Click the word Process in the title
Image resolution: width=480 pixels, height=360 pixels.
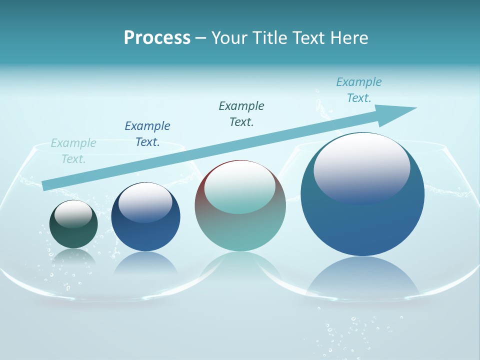pyautogui.click(x=157, y=38)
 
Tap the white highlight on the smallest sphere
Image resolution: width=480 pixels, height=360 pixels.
pyautogui.click(x=73, y=213)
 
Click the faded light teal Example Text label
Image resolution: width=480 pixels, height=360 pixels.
pyautogui.click(x=73, y=151)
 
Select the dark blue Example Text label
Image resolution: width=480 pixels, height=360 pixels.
pyautogui.click(x=147, y=133)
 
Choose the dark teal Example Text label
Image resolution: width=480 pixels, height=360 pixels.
pyautogui.click(x=241, y=113)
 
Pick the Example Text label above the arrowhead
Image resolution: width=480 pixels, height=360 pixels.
pyautogui.click(x=358, y=89)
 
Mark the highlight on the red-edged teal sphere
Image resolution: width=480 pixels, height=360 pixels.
pyautogui.click(x=239, y=187)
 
